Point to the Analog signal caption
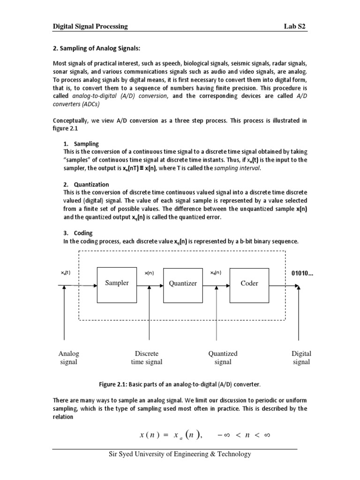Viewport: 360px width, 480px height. pos(69,358)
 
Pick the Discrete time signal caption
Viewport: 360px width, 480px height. pos(147,358)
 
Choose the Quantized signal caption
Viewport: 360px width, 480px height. pos(223,358)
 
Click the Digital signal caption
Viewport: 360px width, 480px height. pos(301,358)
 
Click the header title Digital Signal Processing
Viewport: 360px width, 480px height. pos(90,27)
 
